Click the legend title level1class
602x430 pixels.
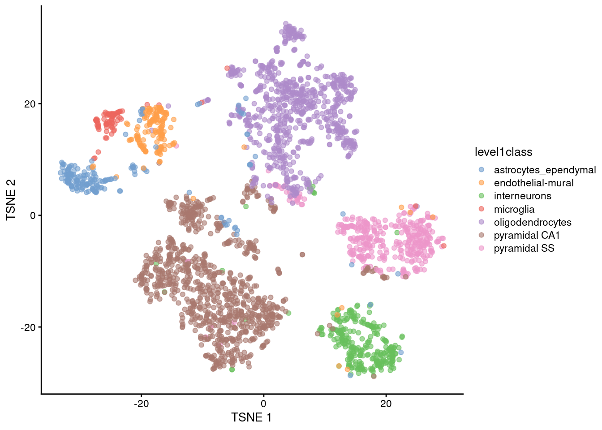click(503, 152)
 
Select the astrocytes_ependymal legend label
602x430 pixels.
click(545, 170)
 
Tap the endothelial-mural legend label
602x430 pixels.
click(533, 183)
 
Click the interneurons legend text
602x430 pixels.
click(522, 196)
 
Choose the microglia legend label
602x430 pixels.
click(514, 209)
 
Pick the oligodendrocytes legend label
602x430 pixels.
click(533, 222)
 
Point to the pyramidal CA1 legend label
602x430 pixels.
click(527, 235)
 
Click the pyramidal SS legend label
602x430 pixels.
click(524, 248)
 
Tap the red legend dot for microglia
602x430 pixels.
click(482, 209)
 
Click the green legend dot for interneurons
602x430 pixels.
click(482, 196)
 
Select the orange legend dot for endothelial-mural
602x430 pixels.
click(482, 183)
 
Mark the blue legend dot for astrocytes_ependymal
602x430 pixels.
click(482, 170)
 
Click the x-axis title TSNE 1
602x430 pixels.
click(251, 417)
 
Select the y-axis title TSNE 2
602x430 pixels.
click(11, 200)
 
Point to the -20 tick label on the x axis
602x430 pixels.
click(141, 404)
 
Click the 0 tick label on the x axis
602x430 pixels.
click(263, 404)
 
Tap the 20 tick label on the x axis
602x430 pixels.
click(386, 404)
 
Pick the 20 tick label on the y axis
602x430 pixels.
click(30, 104)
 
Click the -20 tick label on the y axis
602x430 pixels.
click(28, 327)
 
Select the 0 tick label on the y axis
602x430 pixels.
click(32, 215)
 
